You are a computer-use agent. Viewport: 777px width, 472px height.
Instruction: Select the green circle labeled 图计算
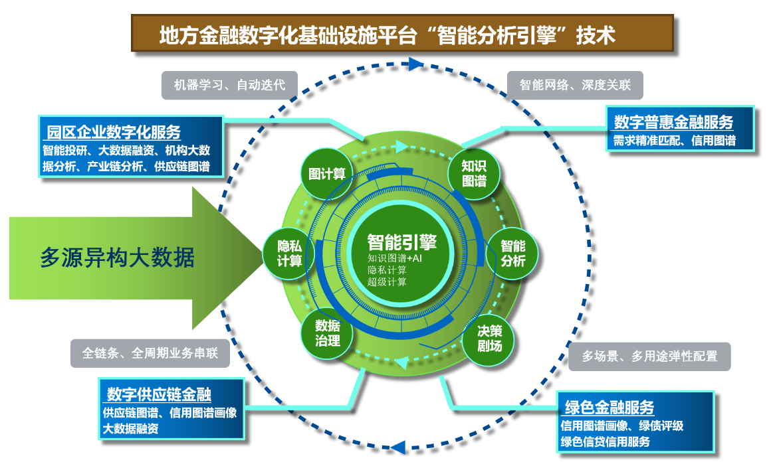(x=327, y=174)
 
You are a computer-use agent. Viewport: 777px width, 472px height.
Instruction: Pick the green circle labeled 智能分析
(x=512, y=254)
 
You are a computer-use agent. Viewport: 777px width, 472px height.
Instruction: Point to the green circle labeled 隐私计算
(x=290, y=253)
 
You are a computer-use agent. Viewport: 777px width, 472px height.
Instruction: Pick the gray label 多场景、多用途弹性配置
(x=649, y=356)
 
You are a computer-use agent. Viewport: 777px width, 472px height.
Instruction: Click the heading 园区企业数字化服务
(x=114, y=131)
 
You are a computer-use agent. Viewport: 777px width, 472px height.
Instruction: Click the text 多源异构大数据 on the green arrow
(x=118, y=257)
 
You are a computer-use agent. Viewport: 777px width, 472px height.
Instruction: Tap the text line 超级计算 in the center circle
(x=386, y=282)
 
